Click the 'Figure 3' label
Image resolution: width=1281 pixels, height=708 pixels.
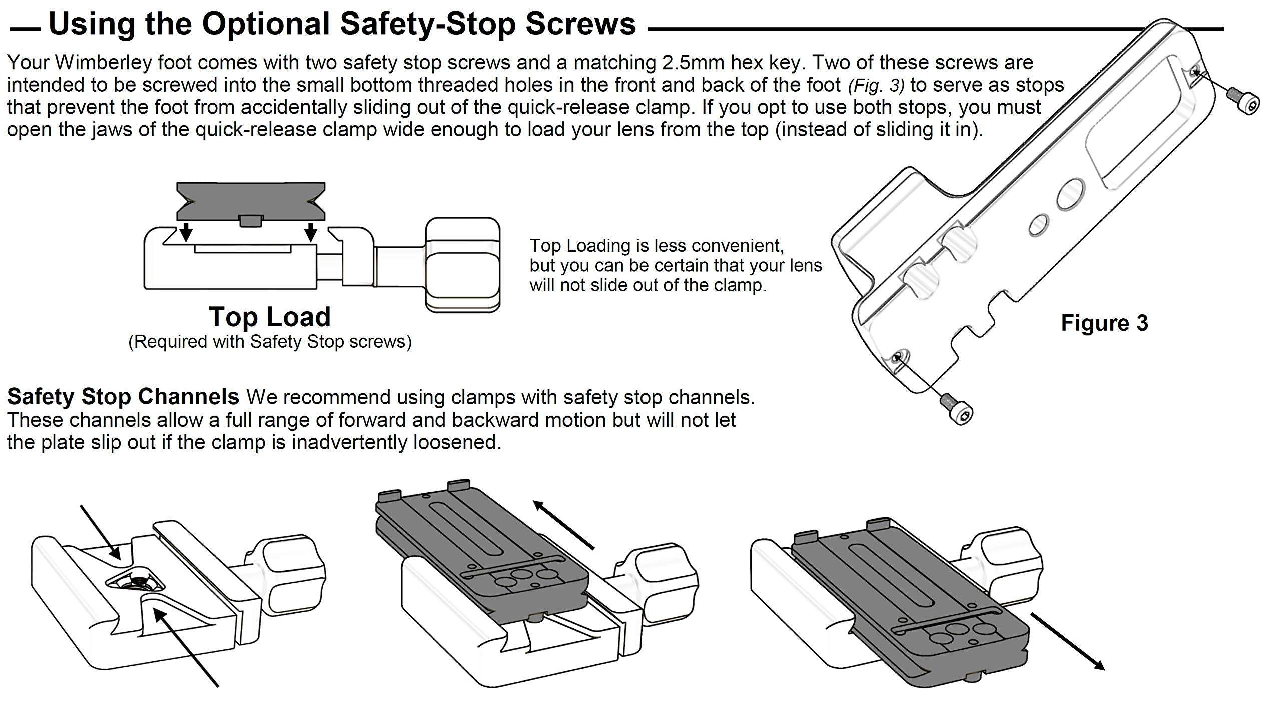pyautogui.click(x=1104, y=323)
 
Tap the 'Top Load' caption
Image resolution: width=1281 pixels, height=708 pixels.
pyautogui.click(x=270, y=317)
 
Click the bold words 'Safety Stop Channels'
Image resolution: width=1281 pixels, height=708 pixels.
pyautogui.click(x=123, y=397)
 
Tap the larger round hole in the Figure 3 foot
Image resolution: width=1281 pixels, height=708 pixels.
pyautogui.click(x=1071, y=195)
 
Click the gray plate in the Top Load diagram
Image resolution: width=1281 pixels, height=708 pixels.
pyautogui.click(x=251, y=200)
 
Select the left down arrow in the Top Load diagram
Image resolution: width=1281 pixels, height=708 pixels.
pyautogui.click(x=186, y=231)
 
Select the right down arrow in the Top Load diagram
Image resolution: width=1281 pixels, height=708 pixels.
pyautogui.click(x=311, y=231)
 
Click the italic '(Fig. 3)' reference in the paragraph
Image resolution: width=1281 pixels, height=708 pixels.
pyautogui.click(x=876, y=86)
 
